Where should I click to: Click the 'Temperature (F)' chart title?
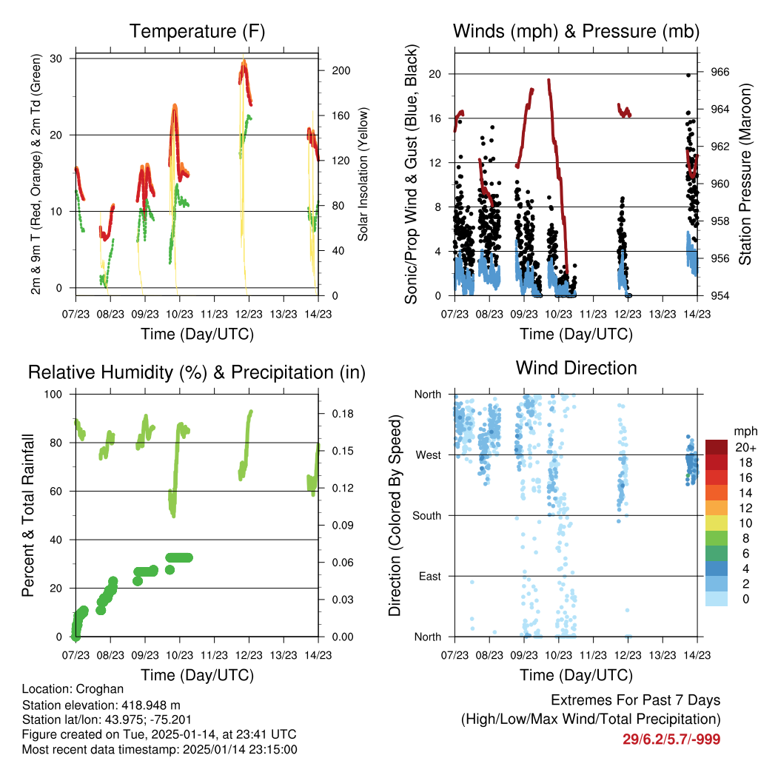tap(196, 31)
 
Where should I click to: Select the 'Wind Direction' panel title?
tap(576, 368)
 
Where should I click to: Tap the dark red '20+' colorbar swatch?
tap(717, 447)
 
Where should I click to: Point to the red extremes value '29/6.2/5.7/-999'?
tap(671, 739)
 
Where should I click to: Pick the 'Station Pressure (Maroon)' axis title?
tap(745, 174)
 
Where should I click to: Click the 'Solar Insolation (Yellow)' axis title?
tap(363, 175)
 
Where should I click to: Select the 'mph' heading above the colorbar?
tap(743, 431)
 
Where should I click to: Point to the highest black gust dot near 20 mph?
tap(688, 75)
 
